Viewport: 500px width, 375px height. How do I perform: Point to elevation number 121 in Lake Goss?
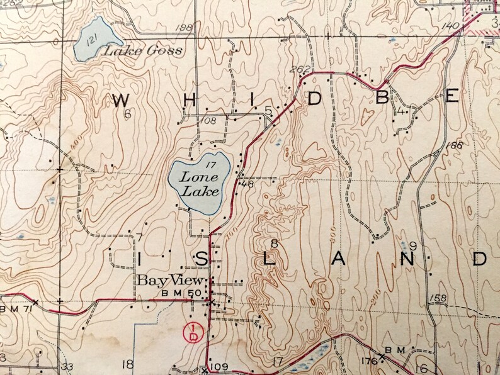[x=92, y=40]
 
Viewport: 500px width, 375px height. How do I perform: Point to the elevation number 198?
[x=185, y=28]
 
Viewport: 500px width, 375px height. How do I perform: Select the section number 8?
[x=273, y=243]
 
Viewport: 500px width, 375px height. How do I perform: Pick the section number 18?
[x=128, y=363]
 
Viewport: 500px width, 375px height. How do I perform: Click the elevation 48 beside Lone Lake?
[x=247, y=184]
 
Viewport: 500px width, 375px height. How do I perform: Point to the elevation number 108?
[x=209, y=120]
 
